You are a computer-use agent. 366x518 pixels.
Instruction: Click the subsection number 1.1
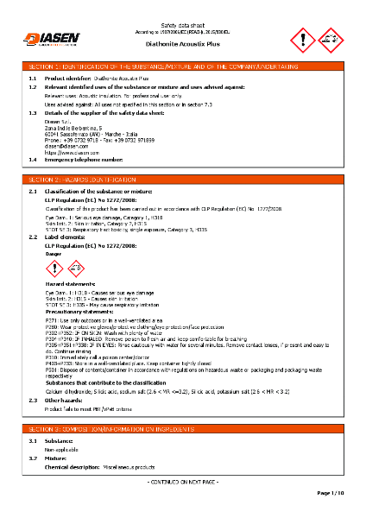33,78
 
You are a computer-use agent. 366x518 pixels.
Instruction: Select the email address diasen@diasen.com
61,146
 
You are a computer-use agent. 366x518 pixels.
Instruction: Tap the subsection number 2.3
33,401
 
